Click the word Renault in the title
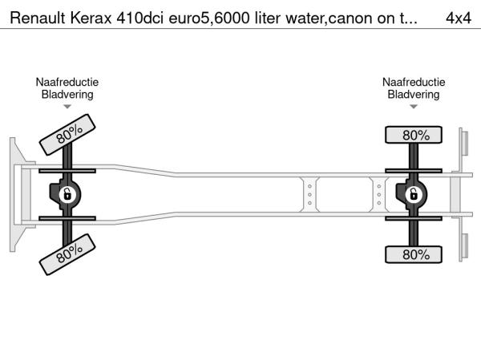(38, 18)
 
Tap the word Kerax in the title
(91, 18)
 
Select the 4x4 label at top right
(459, 18)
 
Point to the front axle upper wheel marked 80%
(67, 135)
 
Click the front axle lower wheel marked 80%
(67, 254)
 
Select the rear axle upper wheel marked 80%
(414, 135)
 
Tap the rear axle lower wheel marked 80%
(414, 254)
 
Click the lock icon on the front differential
(67, 195)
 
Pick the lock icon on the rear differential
(414, 195)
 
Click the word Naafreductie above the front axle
(67, 83)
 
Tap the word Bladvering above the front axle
(67, 95)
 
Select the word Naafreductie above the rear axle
(414, 83)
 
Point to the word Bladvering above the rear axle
(414, 95)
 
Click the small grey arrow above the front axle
(67, 107)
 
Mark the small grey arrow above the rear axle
(414, 107)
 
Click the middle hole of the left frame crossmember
(309, 195)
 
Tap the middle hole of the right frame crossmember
(379, 195)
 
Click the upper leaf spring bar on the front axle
(67, 171)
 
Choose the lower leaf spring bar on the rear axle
(414, 218)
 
